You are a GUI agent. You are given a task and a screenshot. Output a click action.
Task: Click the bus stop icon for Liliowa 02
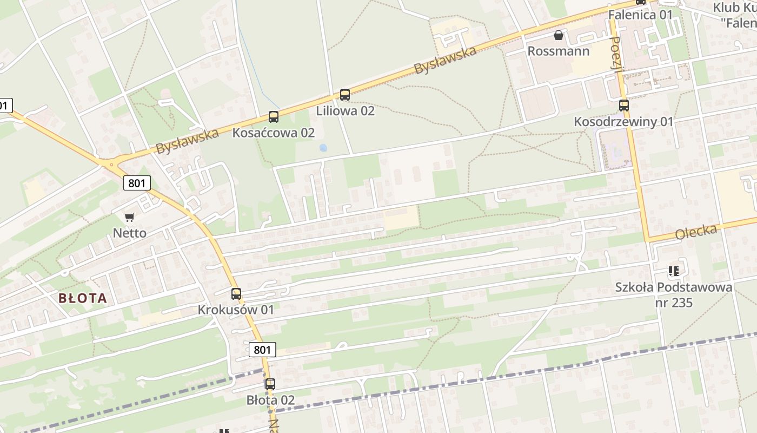coord(345,95)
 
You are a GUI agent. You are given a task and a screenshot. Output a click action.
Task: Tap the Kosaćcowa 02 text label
coord(274,133)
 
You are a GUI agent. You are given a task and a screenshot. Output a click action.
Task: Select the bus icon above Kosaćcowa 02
coord(274,117)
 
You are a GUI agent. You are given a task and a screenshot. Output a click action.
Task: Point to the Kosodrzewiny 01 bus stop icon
coord(624,106)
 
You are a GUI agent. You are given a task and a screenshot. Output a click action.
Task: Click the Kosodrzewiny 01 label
coord(624,122)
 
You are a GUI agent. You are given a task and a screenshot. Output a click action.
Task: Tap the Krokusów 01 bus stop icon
coord(236,294)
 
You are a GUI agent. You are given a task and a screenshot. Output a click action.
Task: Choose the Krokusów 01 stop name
coord(236,310)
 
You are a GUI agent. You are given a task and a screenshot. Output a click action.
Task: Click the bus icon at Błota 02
coord(270,384)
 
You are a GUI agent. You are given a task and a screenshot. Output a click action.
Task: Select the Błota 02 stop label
coord(270,400)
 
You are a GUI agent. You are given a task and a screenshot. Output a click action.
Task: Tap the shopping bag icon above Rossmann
coord(559,36)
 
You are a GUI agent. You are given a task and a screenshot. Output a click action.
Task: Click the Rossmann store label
coord(559,51)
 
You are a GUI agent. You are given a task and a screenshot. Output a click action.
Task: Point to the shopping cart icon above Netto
coord(129,218)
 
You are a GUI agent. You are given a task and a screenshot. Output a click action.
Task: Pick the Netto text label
coord(129,233)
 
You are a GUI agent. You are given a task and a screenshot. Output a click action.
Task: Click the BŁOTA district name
coord(83,298)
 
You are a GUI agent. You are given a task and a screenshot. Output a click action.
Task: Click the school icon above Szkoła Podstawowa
coord(673,271)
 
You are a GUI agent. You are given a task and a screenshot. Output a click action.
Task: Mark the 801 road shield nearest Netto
coord(137,183)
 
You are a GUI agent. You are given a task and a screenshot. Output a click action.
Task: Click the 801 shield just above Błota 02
coord(262,350)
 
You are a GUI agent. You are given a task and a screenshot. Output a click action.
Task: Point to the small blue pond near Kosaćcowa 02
coord(323,147)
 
